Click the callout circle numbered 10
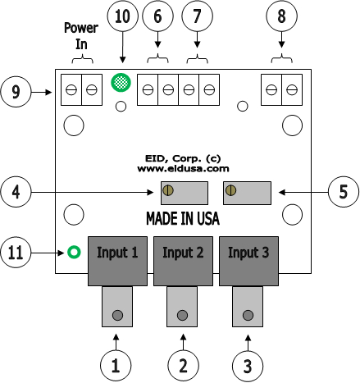coord(122,16)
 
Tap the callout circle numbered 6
coord(157,16)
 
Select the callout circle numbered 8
coord(281,16)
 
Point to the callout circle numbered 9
coord(16,92)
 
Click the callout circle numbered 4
coord(16,192)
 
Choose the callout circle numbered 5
coord(344,192)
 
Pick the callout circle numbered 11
coord(16,252)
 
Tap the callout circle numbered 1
coord(116,366)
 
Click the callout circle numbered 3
coord(248,366)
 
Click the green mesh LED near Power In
coord(121,82)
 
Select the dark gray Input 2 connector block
coord(183,261)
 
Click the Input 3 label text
coord(248,253)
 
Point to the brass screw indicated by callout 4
coord(168,190)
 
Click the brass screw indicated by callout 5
coord(231,190)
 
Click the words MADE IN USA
coord(183,218)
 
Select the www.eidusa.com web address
coord(183,168)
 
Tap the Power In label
coord(81,36)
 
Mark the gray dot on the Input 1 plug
coord(117,315)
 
